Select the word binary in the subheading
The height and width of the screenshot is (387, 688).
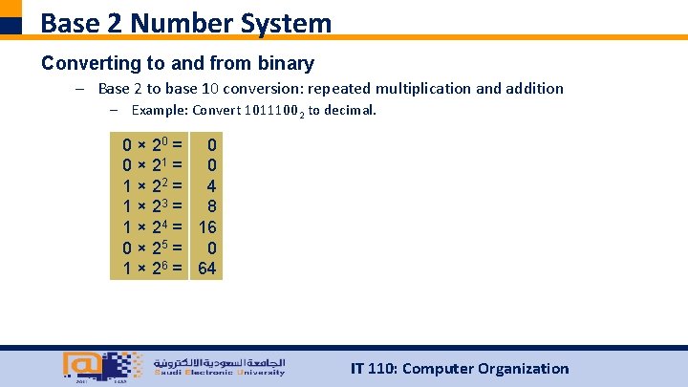pos(285,64)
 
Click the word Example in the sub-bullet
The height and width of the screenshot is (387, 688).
pos(159,111)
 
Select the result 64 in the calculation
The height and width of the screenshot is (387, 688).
pos(207,269)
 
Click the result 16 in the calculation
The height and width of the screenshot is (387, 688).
pos(207,227)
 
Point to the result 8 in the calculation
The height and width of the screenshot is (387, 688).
pos(212,207)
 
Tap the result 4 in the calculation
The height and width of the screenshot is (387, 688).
pos(212,187)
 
